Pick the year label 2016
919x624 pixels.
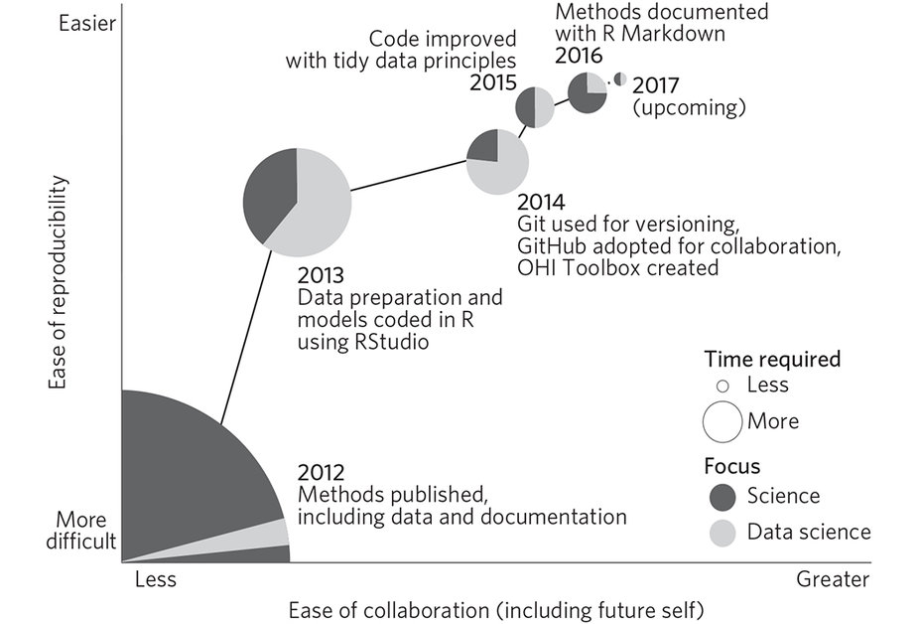coord(579,57)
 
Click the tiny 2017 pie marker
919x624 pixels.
coord(619,79)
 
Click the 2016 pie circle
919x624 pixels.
coord(587,93)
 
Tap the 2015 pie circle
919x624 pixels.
coord(535,107)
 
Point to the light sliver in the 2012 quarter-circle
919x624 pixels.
coord(268,533)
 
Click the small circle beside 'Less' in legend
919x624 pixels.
coord(722,386)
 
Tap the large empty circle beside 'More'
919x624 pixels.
coord(722,420)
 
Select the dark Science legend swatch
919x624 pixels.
coord(722,495)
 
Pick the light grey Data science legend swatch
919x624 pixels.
coord(722,532)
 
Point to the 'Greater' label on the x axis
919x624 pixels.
coord(832,579)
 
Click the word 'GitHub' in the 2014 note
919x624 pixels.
coord(551,245)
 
